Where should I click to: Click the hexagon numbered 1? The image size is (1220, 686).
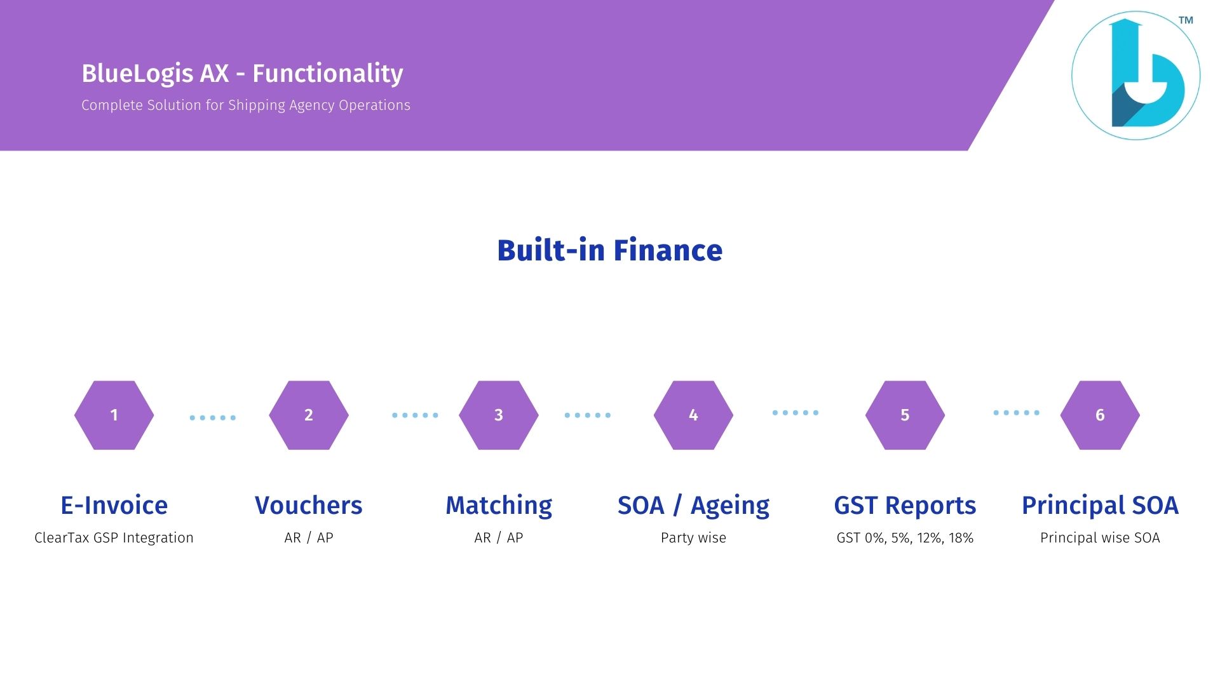[x=114, y=415]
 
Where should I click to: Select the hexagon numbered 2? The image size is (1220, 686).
[x=309, y=415]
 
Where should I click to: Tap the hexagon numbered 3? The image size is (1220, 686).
[x=499, y=415]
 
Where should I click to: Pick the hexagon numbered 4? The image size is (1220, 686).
[x=693, y=415]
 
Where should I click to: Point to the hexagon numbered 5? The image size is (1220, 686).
[x=905, y=415]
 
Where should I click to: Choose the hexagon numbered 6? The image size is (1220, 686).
[x=1100, y=415]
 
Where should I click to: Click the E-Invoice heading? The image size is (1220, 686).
[x=114, y=506]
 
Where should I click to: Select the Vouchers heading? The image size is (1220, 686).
[x=309, y=506]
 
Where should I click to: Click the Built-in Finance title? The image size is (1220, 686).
[x=610, y=250]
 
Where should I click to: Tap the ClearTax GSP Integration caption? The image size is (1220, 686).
[x=114, y=538]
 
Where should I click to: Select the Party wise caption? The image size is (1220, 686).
[x=693, y=538]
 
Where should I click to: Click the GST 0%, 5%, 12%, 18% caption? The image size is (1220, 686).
[x=905, y=538]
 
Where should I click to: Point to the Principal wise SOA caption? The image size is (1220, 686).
[x=1100, y=538]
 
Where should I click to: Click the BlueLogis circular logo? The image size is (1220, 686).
[x=1135, y=76]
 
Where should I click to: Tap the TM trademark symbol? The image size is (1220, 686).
[x=1186, y=20]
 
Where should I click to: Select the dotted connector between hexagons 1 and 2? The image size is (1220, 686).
[x=213, y=417]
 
